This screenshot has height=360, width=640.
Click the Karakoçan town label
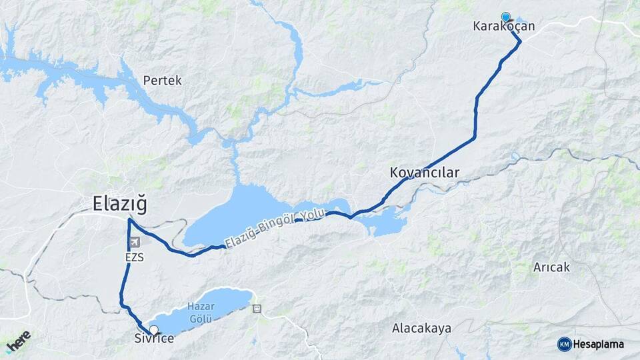coord(503,27)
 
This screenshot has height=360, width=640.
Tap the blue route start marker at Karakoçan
coord(505,17)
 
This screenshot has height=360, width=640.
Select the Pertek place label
coord(162,80)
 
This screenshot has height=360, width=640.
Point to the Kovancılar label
coord(425,173)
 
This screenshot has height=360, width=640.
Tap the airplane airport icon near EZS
coord(137,242)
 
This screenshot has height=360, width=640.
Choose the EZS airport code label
coord(133,257)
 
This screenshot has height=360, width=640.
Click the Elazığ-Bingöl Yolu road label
coord(274,229)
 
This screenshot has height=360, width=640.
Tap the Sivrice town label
coord(154,339)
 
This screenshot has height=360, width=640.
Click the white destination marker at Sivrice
coord(154,329)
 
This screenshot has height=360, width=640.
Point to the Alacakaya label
coord(421,328)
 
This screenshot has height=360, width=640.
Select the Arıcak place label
coord(551,267)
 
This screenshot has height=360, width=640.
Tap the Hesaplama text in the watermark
coord(599,344)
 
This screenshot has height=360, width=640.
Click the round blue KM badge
coord(564,344)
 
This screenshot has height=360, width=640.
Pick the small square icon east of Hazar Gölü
coord(257,309)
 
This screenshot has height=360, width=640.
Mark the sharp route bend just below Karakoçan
coord(520,41)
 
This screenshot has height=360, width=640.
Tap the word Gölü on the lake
coord(200,319)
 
